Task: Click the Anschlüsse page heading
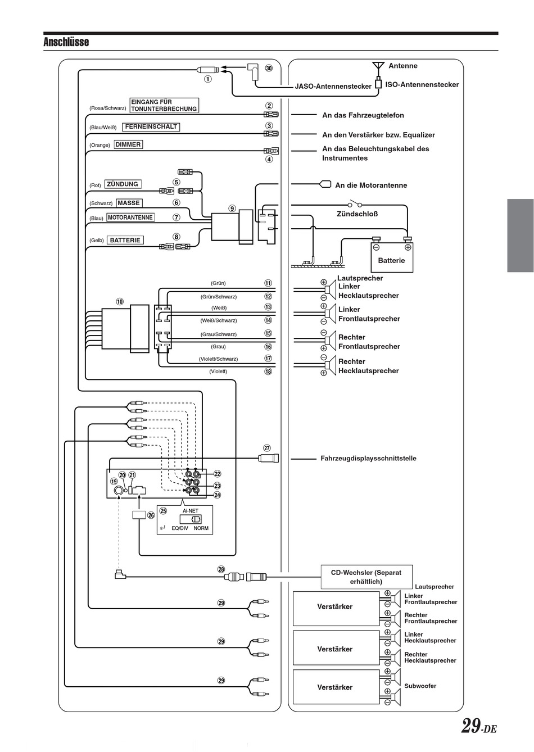tap(66, 42)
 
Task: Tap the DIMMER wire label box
tap(128, 144)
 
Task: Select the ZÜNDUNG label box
tap(123, 184)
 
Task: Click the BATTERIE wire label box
tap(125, 240)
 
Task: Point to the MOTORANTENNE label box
tap(130, 218)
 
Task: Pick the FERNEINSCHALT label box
tap(151, 127)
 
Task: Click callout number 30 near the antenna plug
tap(269, 68)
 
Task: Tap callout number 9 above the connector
tap(232, 209)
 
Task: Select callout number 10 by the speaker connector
tap(120, 301)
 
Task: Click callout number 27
tap(267, 448)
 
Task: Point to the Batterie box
tap(392, 257)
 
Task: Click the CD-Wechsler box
tap(366, 577)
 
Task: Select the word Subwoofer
tap(420, 686)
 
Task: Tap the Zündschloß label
tap(357, 214)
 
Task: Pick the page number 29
tap(471, 726)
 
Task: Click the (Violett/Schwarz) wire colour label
tap(218, 359)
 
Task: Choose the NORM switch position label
tap(201, 528)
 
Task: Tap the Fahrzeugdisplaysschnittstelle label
tap(368, 458)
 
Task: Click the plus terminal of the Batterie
tap(408, 247)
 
